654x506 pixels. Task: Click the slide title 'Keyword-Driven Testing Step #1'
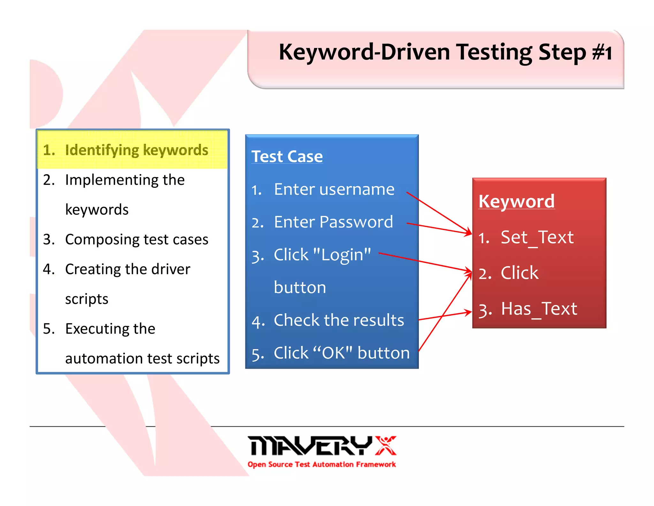point(445,52)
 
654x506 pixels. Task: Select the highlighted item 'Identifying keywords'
point(136,150)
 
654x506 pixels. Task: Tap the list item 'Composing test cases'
point(136,239)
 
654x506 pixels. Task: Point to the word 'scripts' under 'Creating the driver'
point(87,299)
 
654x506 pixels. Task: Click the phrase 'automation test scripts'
point(142,359)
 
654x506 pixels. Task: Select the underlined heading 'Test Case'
point(287,156)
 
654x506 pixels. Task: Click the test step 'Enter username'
point(334,189)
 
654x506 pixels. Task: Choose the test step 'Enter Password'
point(333,222)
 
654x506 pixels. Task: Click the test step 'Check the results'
point(338,320)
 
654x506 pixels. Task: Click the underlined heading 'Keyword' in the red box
point(516,202)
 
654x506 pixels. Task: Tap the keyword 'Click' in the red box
point(519,273)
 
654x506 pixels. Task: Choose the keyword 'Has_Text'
point(539,309)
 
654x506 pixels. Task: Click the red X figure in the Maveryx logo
point(385,445)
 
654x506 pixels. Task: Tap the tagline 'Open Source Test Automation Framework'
point(322,464)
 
